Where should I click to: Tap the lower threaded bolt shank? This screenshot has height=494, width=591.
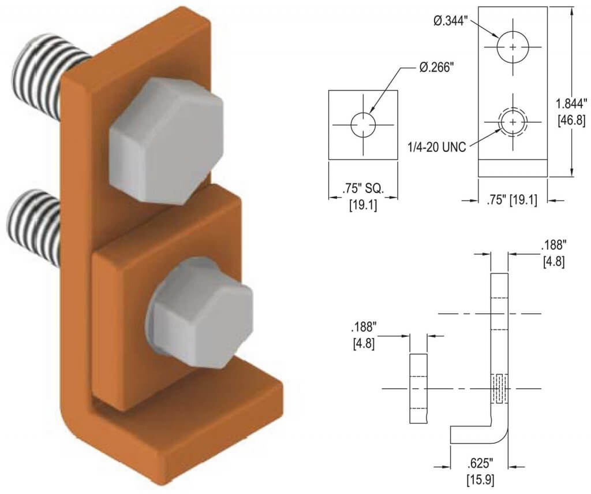pyautogui.click(x=35, y=228)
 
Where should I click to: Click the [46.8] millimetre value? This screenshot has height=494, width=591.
pyautogui.click(x=572, y=120)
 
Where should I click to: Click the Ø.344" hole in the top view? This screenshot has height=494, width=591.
pyautogui.click(x=513, y=46)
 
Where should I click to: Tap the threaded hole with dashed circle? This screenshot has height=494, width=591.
pyautogui.click(x=513, y=122)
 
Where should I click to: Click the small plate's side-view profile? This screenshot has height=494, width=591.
pyautogui.click(x=418, y=388)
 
